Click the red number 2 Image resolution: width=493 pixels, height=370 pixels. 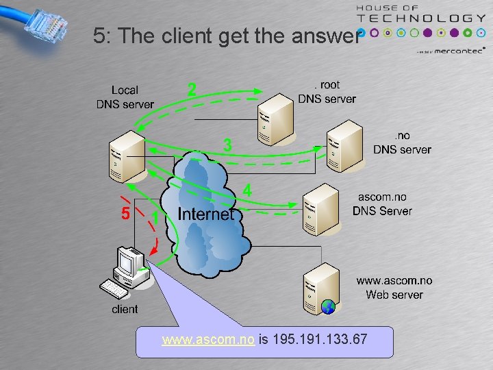(x=192, y=89)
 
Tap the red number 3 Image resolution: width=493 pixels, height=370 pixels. (x=228, y=145)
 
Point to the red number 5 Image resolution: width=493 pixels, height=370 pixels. (x=125, y=214)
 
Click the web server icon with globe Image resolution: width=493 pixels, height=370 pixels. (x=322, y=288)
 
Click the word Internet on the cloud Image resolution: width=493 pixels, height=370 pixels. (x=205, y=214)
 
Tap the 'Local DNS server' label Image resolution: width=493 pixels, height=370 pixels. (x=125, y=97)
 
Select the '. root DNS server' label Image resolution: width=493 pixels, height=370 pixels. (x=327, y=92)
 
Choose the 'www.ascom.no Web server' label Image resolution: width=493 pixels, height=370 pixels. (x=394, y=288)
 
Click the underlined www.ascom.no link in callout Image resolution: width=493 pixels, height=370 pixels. (x=208, y=339)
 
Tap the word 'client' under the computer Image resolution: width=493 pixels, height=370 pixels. (x=125, y=309)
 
